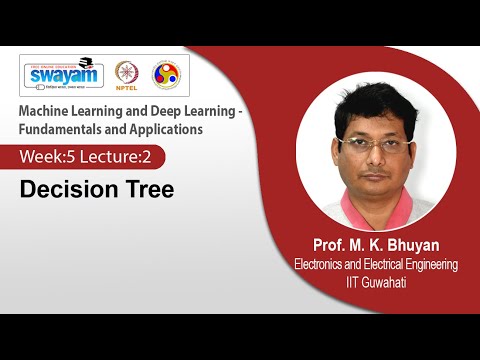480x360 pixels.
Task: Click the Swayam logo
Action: point(63,76)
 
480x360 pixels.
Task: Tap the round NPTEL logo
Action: point(127,74)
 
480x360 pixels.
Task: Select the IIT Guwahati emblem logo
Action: point(165,74)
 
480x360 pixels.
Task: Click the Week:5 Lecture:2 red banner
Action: point(90,157)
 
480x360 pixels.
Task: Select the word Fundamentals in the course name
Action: point(68,129)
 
